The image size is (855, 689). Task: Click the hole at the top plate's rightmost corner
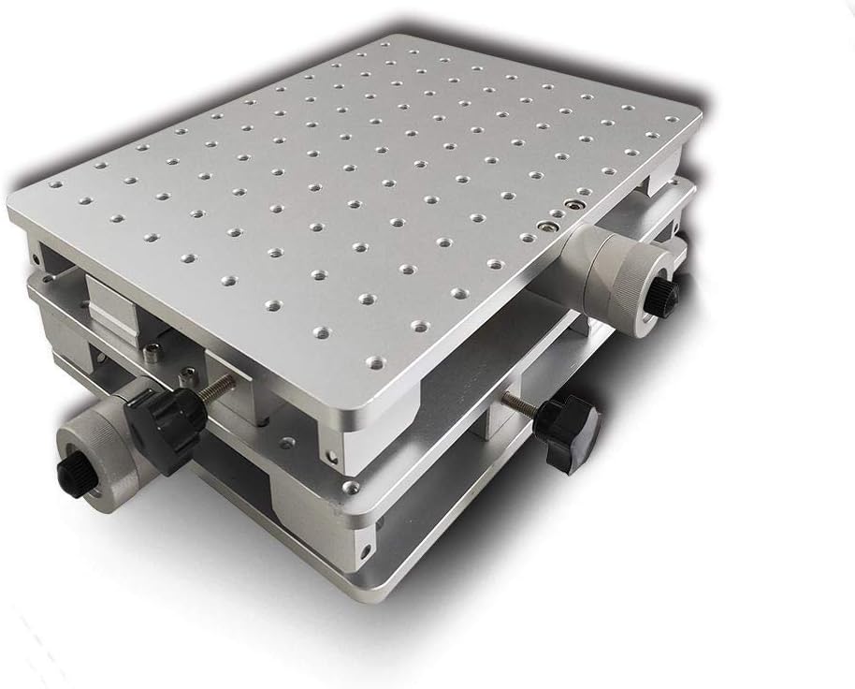click(672, 118)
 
